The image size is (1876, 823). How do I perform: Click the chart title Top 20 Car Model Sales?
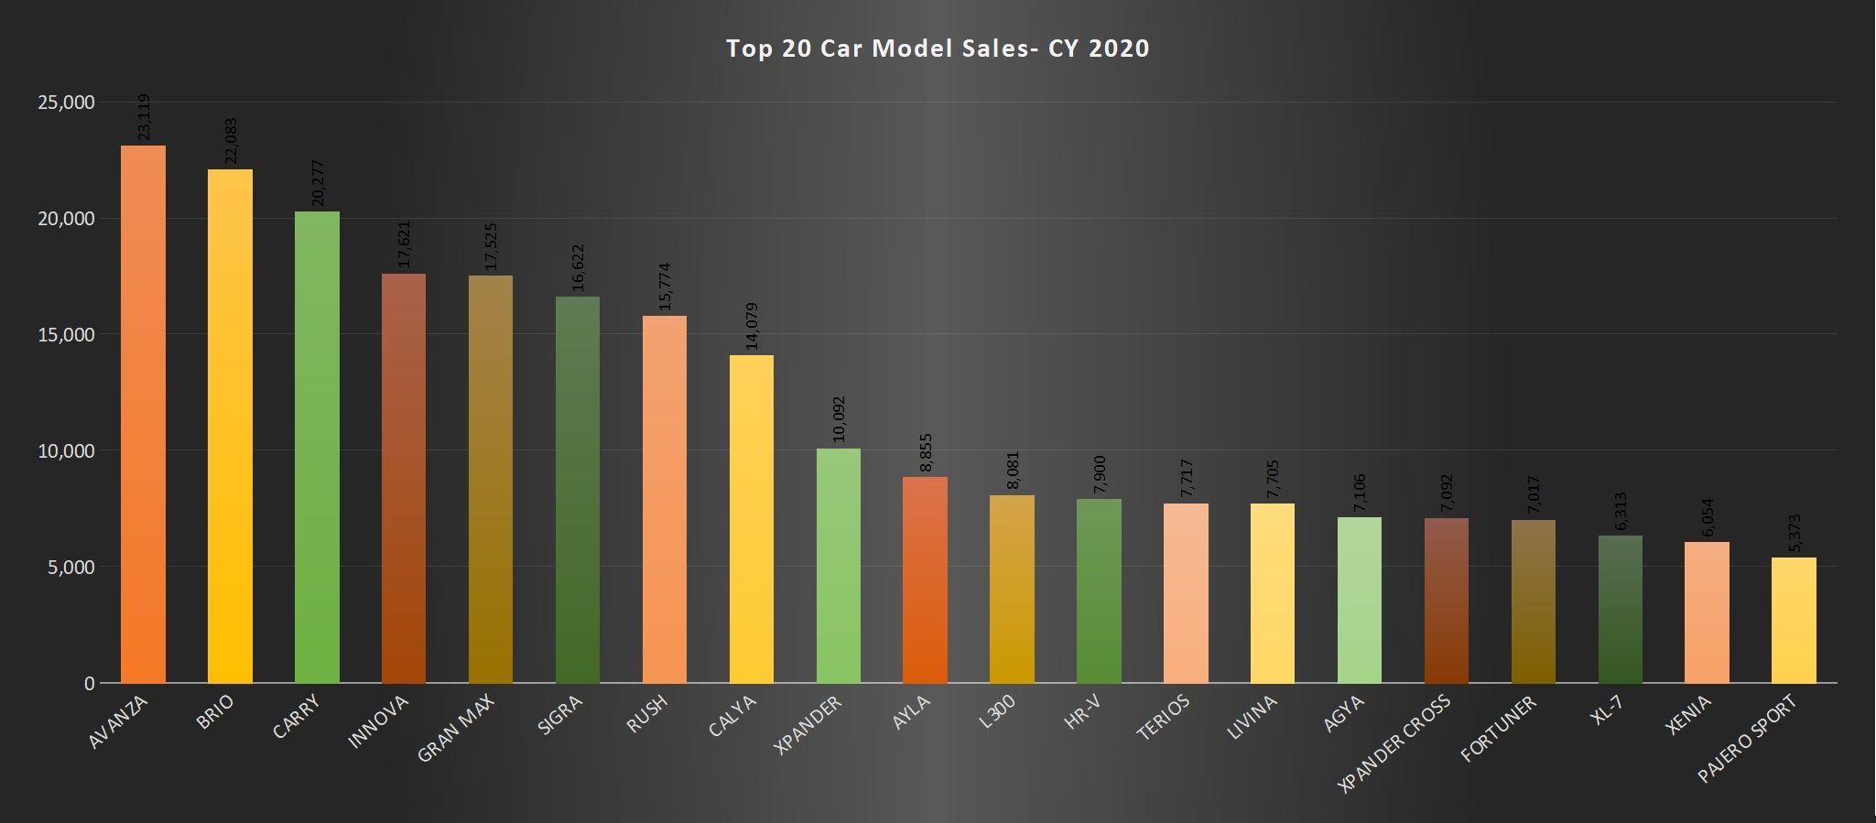coord(938,48)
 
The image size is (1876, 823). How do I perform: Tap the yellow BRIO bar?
coord(230,426)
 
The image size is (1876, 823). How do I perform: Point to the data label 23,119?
coord(144,117)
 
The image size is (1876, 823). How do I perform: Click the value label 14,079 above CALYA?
coord(752,326)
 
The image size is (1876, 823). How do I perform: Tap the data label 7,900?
coord(1100,474)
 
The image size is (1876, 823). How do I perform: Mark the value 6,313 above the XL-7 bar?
coord(1621,512)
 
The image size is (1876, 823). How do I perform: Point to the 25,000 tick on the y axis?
coord(66,103)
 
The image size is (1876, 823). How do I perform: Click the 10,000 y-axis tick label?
coord(66,451)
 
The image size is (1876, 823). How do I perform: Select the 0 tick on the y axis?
coord(89,684)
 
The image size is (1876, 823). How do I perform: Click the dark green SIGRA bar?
coord(578,490)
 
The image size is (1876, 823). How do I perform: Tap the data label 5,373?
coord(1795,534)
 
